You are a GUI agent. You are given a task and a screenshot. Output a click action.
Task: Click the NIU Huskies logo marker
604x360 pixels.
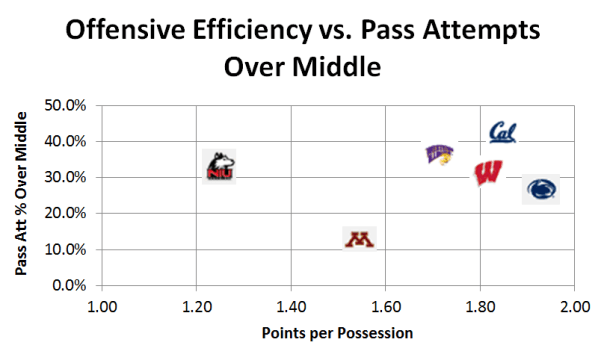coord(219,166)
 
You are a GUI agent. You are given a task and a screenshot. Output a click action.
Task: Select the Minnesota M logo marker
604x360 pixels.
coord(358,239)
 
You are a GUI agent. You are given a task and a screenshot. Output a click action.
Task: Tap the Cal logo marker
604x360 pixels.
coord(502,133)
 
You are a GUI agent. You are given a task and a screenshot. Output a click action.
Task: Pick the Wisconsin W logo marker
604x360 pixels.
coord(488,173)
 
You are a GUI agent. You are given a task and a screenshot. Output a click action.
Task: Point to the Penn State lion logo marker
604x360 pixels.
coord(541,189)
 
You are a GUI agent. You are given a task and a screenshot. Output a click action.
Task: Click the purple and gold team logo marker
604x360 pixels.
coord(439,154)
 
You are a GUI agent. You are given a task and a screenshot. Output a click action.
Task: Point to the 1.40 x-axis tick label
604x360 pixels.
coord(291,305)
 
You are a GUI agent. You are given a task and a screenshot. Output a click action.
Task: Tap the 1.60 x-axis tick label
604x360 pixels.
coord(385,305)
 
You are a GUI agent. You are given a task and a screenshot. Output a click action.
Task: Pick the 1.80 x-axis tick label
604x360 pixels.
coord(480,305)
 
